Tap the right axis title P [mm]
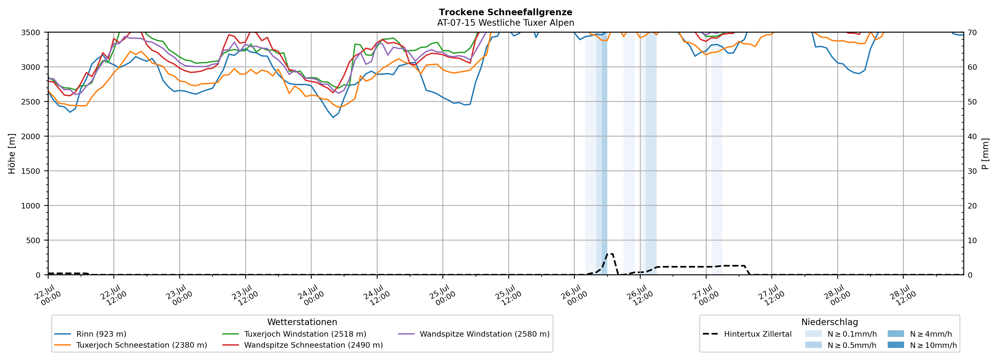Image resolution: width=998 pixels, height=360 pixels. click(x=985, y=153)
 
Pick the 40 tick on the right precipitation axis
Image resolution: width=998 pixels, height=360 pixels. click(x=972, y=136)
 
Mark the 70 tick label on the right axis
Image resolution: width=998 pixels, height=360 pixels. click(x=972, y=33)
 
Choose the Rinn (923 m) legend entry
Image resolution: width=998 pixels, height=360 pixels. click(x=90, y=334)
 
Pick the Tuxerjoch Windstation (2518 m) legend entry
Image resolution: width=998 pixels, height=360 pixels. click(x=294, y=334)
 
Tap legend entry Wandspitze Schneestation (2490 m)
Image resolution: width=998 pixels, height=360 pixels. click(x=302, y=345)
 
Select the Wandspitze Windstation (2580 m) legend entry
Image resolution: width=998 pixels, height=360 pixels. click(x=473, y=334)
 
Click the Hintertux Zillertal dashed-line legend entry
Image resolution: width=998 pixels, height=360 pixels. click(x=747, y=334)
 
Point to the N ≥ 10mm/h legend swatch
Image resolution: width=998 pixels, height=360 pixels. click(x=895, y=345)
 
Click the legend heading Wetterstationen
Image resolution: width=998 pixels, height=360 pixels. click(x=302, y=322)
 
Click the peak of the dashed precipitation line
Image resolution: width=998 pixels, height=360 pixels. click(x=609, y=254)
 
